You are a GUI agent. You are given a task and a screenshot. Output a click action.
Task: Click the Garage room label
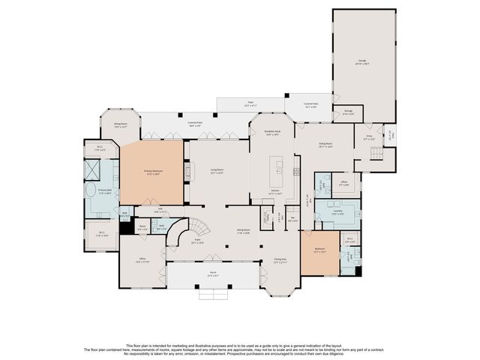click(362, 61)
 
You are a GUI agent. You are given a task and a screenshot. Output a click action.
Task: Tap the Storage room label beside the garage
click(349, 113)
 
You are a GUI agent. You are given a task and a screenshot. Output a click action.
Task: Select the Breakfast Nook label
click(272, 133)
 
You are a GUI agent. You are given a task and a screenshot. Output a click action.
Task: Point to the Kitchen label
click(276, 192)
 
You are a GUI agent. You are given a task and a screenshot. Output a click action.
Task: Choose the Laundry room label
click(337, 213)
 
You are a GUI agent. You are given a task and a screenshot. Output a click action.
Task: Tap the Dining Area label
click(280, 261)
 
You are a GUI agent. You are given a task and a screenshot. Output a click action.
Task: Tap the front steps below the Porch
click(213, 295)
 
